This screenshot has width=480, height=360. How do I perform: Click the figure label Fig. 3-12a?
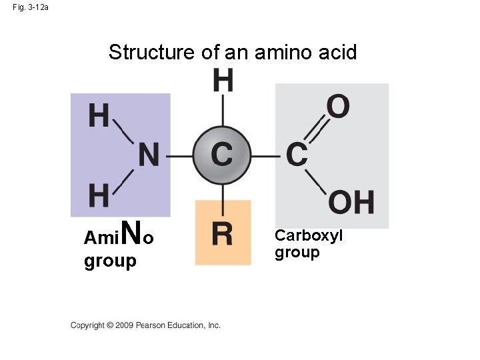tap(30, 7)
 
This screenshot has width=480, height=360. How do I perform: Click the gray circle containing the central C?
tap(221, 155)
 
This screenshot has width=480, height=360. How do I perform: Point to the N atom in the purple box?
tap(149, 156)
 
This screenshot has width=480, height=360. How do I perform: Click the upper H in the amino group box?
tap(99, 116)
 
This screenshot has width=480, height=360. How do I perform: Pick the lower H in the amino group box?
tap(99, 196)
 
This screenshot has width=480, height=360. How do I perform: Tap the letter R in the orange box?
tap(222, 234)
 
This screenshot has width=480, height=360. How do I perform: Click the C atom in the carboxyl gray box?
tap(297, 155)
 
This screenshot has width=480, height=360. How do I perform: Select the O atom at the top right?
tap(338, 107)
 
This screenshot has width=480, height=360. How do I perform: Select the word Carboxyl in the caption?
tap(309, 235)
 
